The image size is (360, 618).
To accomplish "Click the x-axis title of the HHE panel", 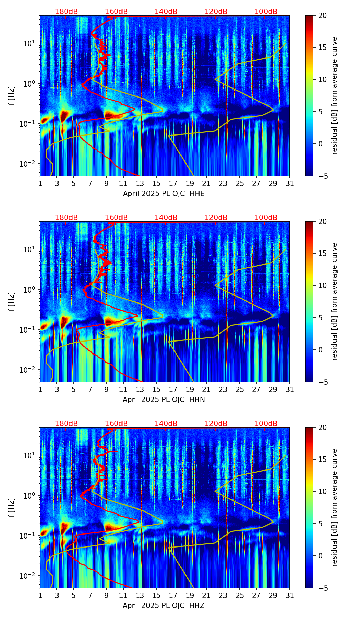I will (x=164, y=194).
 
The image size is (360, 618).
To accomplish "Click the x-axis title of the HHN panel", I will (x=164, y=399).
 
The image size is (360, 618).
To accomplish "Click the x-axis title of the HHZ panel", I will (x=164, y=605).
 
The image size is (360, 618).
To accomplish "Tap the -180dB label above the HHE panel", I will (x=65, y=12).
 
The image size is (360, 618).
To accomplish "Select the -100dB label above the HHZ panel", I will (x=265, y=423).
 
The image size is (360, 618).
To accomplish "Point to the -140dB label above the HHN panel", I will (x=165, y=218).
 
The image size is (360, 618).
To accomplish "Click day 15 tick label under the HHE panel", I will (x=156, y=184).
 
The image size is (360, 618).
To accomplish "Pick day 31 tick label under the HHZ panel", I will (x=290, y=595).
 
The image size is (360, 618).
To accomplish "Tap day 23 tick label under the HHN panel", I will (x=223, y=389).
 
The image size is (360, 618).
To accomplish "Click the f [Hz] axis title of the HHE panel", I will (x=12, y=95).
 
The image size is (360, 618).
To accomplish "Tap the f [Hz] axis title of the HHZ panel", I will (x=12, y=507).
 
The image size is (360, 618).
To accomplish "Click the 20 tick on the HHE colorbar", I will (x=322, y=15).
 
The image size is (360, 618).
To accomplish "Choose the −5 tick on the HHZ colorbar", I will (x=322, y=588).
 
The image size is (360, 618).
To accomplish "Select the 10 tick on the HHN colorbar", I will (x=322, y=285).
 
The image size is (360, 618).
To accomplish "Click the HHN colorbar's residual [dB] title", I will (x=334, y=301).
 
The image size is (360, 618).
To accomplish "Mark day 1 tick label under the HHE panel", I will (x=40, y=184).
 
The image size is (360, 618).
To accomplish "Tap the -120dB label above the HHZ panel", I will (x=215, y=423).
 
